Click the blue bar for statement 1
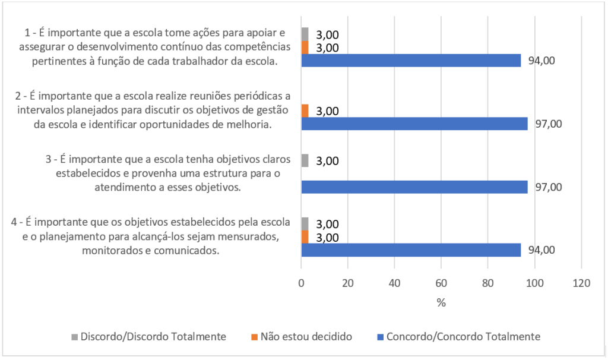coord(411,61)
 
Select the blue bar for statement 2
coord(414,124)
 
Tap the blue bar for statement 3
coord(414,187)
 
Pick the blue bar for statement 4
coord(411,250)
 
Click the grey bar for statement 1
coord(305,34)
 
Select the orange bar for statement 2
coord(305,110)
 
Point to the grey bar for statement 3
coord(305,160)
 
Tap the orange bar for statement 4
coord(305,237)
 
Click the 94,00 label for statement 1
coord(541,61)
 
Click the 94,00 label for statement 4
coord(541,250)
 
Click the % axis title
coord(441,302)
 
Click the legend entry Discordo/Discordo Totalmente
coord(153,337)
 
